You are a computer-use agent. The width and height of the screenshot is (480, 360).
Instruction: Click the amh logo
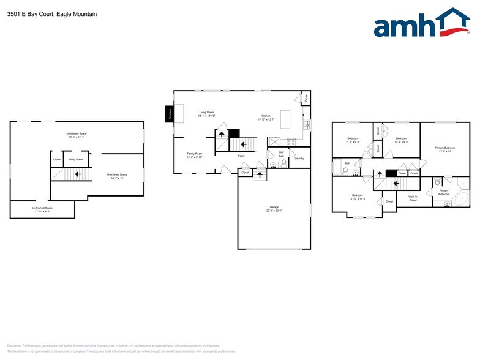pos(421,24)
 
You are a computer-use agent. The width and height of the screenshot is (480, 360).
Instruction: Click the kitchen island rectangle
pos(285,123)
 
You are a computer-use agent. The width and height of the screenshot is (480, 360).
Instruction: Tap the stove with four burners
pos(291,141)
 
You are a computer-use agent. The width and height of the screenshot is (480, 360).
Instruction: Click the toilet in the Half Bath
pos(272,164)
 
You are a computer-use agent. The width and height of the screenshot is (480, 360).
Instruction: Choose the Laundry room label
pos(299,159)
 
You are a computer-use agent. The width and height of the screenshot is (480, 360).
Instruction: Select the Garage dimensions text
pos(274,211)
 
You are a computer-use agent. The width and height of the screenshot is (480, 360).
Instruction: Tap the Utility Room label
pos(77,159)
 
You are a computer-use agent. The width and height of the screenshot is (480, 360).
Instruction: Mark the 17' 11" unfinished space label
pos(42,209)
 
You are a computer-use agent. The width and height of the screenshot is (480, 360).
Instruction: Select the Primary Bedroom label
pos(445,148)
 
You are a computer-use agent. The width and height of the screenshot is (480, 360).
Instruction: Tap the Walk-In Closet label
pos(413,198)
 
